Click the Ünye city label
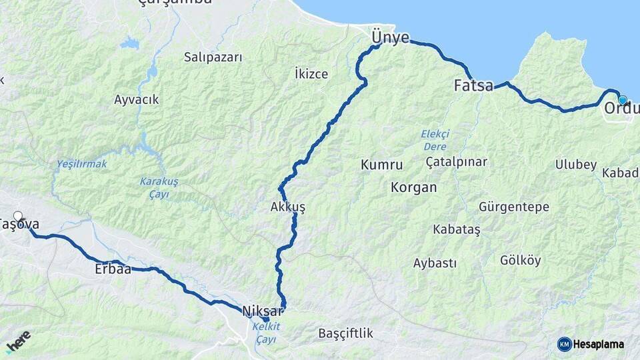tap(390, 37)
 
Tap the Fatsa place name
tap(473, 85)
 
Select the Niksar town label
tap(259, 311)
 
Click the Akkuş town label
tap(288, 207)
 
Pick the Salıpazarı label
tap(213, 57)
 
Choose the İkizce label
tap(311, 73)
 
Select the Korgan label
tap(414, 187)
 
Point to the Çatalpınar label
tap(457, 162)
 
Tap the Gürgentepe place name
tap(514, 207)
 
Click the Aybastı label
tap(435, 263)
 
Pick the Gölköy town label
tap(521, 261)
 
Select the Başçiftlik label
tap(345, 333)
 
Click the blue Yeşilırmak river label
tap(81, 164)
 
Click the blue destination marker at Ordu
tap(623, 100)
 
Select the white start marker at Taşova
tap(18, 216)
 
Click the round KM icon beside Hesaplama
tap(564, 344)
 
